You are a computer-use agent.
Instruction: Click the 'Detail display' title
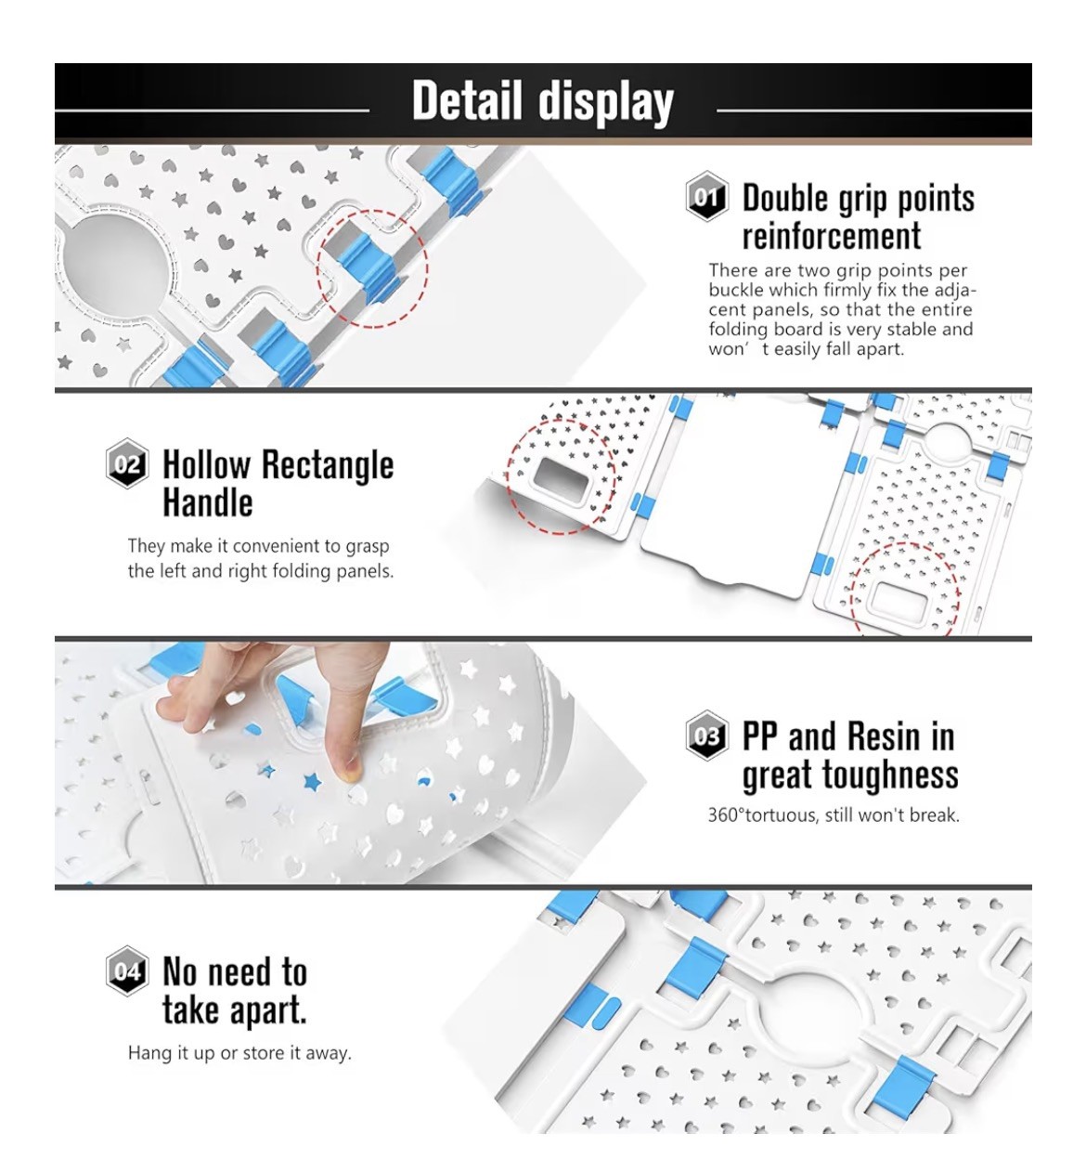coord(542,101)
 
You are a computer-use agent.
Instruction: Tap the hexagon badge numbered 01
coord(706,196)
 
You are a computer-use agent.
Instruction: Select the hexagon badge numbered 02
coord(127,463)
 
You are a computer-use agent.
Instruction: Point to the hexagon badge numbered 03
coord(706,736)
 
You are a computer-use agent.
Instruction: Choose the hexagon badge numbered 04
coord(127,970)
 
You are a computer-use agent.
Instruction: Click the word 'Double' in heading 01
coord(787,198)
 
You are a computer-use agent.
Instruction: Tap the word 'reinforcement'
coord(831,236)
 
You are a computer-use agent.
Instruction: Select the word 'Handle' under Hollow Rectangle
coord(208,502)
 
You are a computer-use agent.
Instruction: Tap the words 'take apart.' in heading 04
coord(234,1010)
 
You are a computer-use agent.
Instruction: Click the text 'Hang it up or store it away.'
coord(239,1053)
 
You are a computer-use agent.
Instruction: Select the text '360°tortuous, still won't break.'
coord(834,815)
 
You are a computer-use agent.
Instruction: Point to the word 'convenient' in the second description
coord(281,546)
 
